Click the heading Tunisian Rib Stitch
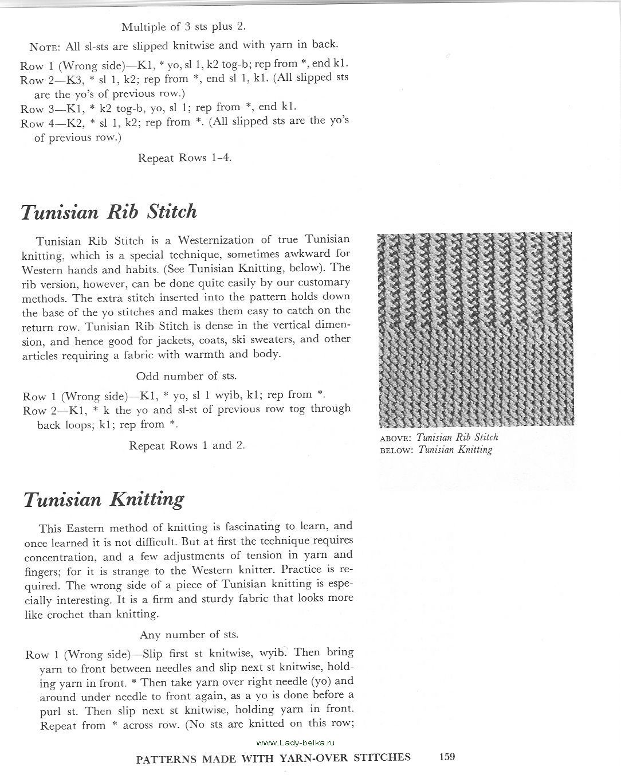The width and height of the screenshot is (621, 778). pyautogui.click(x=109, y=212)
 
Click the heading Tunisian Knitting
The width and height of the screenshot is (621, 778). pyautogui.click(x=104, y=499)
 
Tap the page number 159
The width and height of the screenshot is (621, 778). pyautogui.click(x=447, y=757)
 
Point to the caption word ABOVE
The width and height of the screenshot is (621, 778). pyautogui.click(x=396, y=438)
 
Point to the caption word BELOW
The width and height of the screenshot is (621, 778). pyautogui.click(x=396, y=450)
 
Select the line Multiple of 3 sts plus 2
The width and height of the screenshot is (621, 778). pyautogui.click(x=184, y=26)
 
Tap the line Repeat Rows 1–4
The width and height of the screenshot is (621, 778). pyautogui.click(x=184, y=158)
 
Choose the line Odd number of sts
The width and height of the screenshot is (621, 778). pyautogui.click(x=186, y=377)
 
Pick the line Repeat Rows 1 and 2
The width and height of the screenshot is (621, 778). pyautogui.click(x=187, y=445)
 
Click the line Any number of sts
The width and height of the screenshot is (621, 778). pyautogui.click(x=188, y=635)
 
